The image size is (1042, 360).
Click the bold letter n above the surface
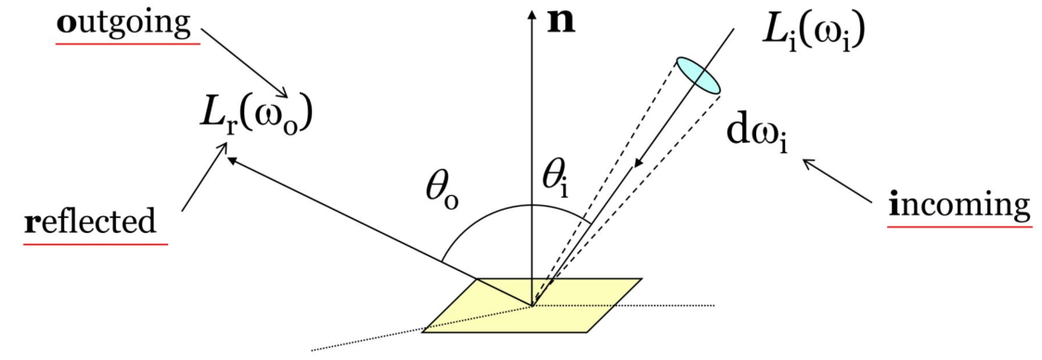point(560,21)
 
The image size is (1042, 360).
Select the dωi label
point(759,136)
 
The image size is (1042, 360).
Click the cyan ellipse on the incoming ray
point(697,75)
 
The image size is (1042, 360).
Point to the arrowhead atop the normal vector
point(531,16)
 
